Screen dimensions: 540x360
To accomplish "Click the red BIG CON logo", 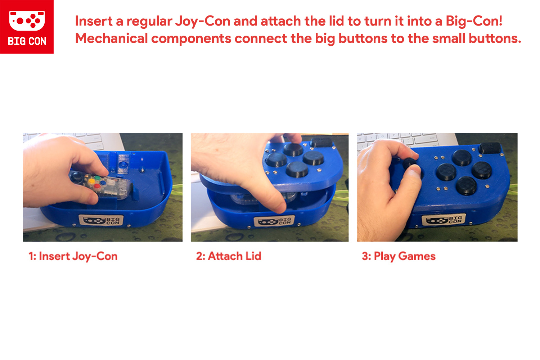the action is (x=27, y=27).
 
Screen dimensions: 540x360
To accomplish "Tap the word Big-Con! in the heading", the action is (x=474, y=22).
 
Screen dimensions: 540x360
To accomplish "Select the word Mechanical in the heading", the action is (x=111, y=38).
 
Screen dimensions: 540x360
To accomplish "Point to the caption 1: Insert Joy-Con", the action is (x=73, y=256).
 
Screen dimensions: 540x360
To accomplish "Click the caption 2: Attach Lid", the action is (x=229, y=256).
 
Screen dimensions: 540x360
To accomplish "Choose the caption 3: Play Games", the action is (x=399, y=256).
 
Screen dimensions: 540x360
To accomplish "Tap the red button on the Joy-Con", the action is (x=97, y=186).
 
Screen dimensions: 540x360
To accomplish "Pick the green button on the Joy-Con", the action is (x=98, y=178).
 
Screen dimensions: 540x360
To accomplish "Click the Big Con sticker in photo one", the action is (x=101, y=220).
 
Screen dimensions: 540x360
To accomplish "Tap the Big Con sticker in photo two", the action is (x=274, y=221).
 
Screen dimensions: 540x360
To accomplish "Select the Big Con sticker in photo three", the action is (x=444, y=220).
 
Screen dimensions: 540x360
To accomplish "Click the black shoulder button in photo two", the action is (x=321, y=142).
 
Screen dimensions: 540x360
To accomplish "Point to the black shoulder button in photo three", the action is (x=490, y=148).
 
